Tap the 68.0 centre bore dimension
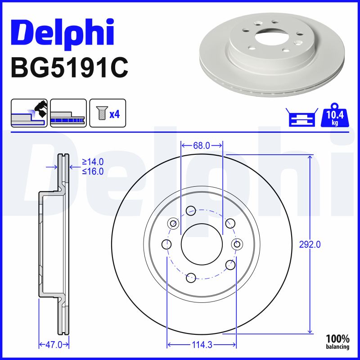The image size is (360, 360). pyautogui.click(x=202, y=145)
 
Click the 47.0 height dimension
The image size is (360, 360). pyautogui.click(x=54, y=345)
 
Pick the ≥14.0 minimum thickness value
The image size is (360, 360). pyautogui.click(x=93, y=162)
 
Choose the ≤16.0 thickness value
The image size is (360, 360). pyautogui.click(x=93, y=171)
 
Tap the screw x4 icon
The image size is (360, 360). pyautogui.click(x=108, y=113)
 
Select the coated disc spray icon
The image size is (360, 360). pyautogui.click(x=29, y=113)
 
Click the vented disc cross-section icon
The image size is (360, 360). pyautogui.click(x=68, y=113)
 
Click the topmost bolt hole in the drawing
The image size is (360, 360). pyautogui.click(x=191, y=209)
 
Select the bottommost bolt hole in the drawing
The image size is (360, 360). pyautogui.click(x=191, y=278)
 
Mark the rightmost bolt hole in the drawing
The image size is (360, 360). pyautogui.click(x=237, y=243)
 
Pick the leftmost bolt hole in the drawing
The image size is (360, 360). pyautogui.click(x=166, y=244)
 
